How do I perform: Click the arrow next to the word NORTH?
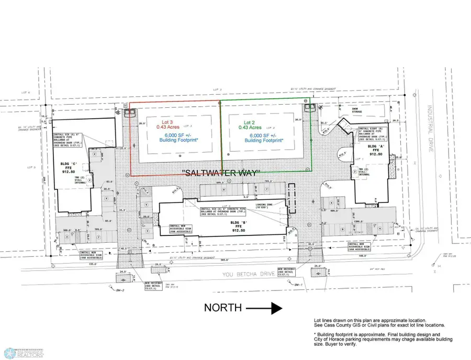tap(264, 308)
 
